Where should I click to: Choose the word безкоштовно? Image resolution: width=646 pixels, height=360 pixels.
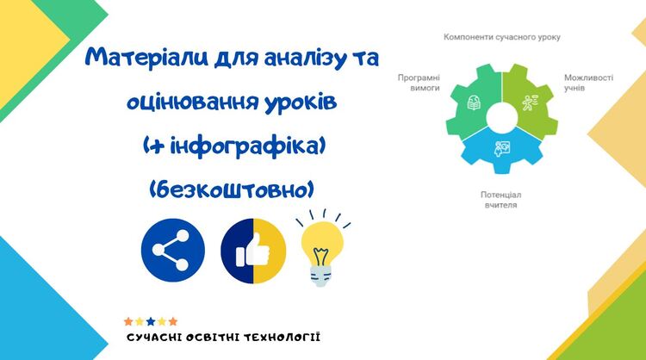232,190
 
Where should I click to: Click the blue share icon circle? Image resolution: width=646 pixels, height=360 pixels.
173,251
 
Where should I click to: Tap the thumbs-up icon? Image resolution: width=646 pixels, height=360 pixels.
253,251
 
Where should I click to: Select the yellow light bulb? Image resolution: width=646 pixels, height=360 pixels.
322,249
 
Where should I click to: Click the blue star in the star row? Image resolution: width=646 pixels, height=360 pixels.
151,321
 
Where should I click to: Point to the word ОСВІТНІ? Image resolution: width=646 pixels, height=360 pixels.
212,338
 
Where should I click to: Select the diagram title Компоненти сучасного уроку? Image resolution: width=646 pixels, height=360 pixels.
502,37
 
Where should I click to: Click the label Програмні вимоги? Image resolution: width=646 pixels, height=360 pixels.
419,83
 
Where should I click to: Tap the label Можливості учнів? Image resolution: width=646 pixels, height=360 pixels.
589,83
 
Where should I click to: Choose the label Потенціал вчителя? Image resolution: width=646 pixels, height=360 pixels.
501,200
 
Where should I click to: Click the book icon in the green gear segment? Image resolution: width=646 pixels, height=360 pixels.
474,103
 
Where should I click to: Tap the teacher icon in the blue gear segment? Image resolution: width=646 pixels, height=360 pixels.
502,149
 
